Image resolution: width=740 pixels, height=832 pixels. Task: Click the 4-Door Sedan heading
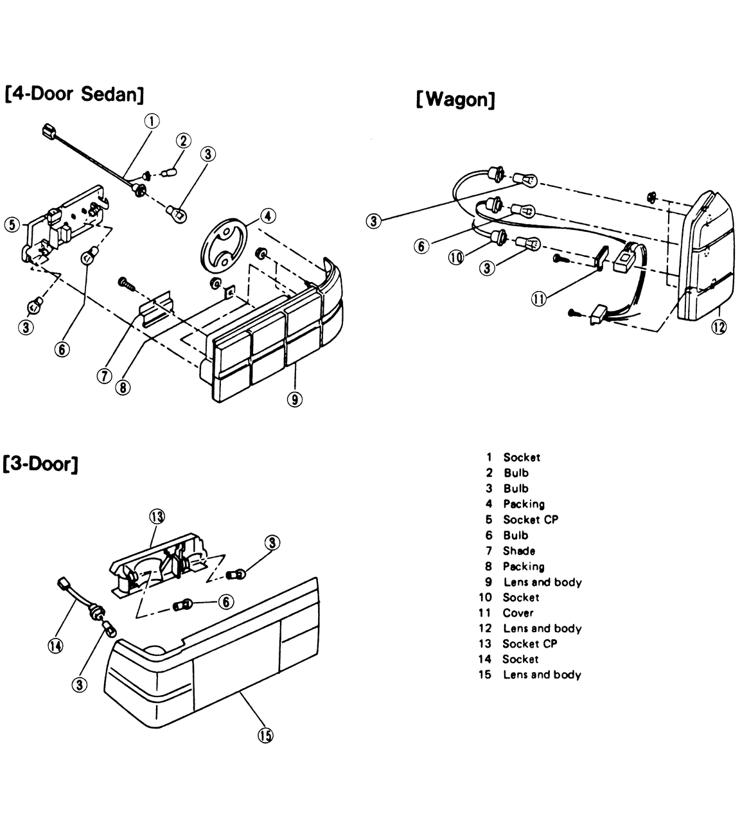point(75,94)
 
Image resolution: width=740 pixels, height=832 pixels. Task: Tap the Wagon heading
point(455,100)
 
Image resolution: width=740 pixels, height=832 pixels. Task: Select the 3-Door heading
point(40,465)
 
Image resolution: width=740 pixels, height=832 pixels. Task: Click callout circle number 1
point(152,121)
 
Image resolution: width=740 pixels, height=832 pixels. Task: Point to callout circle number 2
point(184,141)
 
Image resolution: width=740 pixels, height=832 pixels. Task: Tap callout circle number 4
point(268,216)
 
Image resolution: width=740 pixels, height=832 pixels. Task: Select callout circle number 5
point(12,225)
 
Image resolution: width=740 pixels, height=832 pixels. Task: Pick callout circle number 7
point(104,375)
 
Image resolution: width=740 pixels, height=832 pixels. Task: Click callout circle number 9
point(295,399)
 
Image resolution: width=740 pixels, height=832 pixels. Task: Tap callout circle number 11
point(539,299)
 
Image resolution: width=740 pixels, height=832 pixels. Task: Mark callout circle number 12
point(719,327)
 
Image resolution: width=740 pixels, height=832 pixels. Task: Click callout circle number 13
point(157,517)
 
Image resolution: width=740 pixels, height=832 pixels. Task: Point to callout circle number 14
point(55,646)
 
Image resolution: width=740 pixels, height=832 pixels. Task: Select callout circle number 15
point(265,736)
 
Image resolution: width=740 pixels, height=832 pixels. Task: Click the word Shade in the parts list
point(518,551)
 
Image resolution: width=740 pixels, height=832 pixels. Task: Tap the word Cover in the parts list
point(518,613)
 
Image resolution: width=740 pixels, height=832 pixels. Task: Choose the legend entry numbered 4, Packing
point(515,504)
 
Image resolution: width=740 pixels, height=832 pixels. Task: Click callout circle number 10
point(456,258)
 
